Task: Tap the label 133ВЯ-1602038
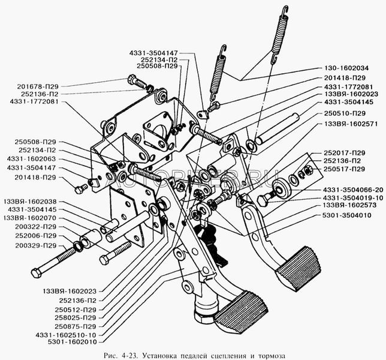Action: [x=29, y=202]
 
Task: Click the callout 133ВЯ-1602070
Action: [x=29, y=218]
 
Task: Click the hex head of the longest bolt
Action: [x=35, y=272]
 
